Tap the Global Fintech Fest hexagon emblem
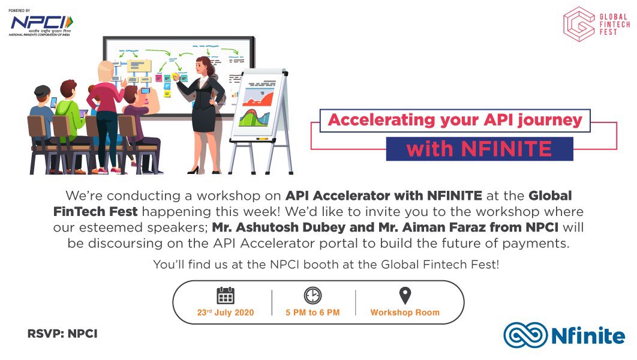(578, 24)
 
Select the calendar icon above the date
(226, 296)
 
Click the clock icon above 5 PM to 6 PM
(313, 295)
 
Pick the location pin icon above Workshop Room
(405, 295)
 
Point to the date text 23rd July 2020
(226, 313)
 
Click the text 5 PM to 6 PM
(313, 313)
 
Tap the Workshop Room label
(405, 313)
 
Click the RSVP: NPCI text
(62, 334)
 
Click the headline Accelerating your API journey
(455, 120)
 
